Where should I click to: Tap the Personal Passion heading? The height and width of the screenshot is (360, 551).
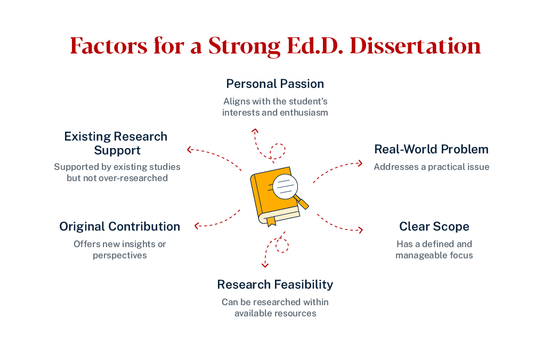click(275, 84)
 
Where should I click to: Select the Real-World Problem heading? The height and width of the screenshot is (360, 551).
click(431, 149)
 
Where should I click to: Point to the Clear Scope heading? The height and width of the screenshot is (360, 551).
click(434, 226)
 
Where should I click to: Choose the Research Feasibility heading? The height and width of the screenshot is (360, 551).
click(275, 284)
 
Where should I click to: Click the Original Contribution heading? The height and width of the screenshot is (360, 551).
click(119, 226)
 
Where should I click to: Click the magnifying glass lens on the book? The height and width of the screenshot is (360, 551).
click(285, 187)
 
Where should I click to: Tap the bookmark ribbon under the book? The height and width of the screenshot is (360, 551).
click(271, 221)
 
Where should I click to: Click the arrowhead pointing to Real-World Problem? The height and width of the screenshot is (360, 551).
click(361, 163)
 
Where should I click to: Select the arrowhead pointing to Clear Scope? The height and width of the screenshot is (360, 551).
click(361, 230)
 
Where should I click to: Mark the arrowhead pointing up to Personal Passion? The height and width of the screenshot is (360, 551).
click(255, 130)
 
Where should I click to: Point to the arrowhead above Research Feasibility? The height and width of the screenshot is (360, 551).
click(265, 264)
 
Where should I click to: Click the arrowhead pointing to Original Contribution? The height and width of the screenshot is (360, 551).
click(197, 226)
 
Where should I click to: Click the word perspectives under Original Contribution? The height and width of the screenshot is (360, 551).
click(119, 255)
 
